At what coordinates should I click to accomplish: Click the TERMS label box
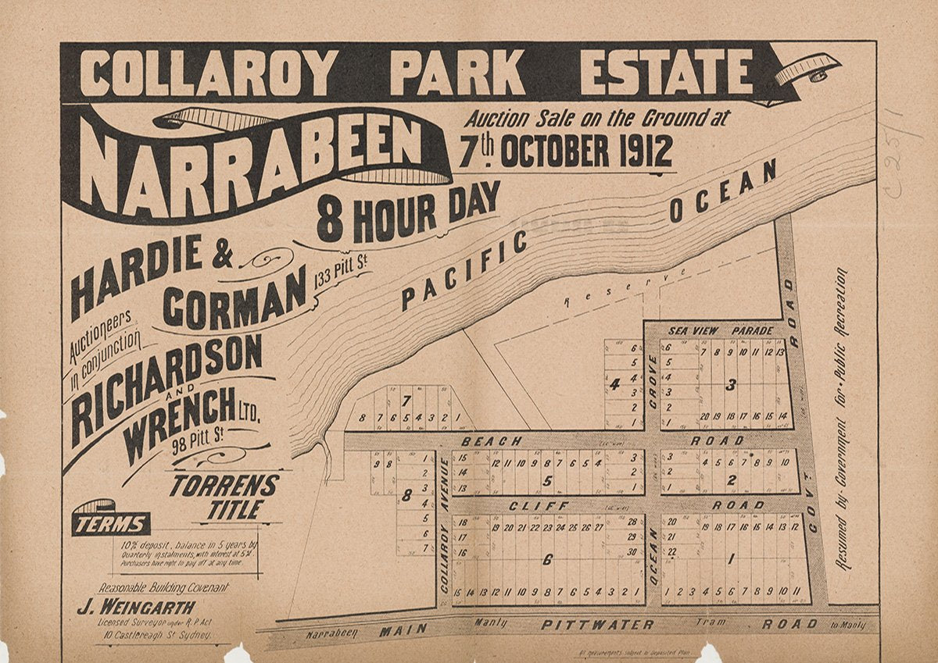[x=111, y=524]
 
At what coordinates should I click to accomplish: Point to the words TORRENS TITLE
[x=224, y=497]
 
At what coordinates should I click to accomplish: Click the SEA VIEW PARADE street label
[x=720, y=331]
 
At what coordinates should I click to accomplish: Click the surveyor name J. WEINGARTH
[x=135, y=607]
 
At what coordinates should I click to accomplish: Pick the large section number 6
[x=546, y=559]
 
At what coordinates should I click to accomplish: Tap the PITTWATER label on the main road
[x=598, y=625]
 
